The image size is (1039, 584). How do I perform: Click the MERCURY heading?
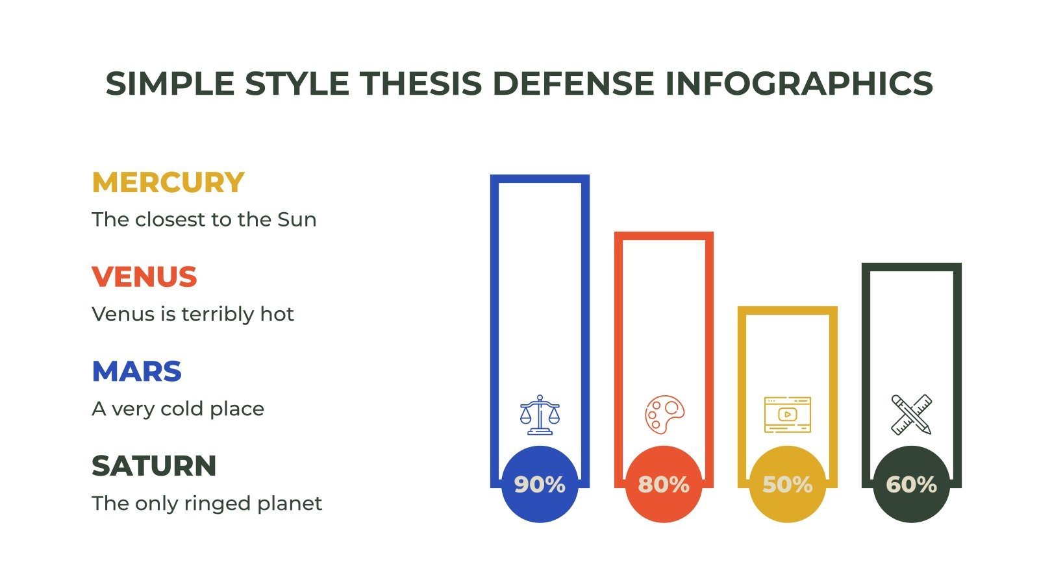pyautogui.click(x=168, y=183)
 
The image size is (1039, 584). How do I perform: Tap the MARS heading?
pyautogui.click(x=136, y=372)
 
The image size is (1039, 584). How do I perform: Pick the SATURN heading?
pyautogui.click(x=154, y=467)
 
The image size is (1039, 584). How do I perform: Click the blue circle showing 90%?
pyautogui.click(x=540, y=485)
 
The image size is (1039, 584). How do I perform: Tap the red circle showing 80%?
pyautogui.click(x=663, y=485)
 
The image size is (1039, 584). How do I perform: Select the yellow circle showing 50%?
pyautogui.click(x=787, y=485)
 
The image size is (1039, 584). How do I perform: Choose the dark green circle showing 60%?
pyautogui.click(x=911, y=485)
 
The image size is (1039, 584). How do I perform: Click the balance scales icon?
pyautogui.click(x=540, y=415)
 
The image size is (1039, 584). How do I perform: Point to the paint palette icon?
pyautogui.click(x=664, y=415)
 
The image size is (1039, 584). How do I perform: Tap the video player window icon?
pyautogui.click(x=787, y=415)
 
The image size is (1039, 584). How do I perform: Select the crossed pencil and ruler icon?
pyautogui.click(x=911, y=415)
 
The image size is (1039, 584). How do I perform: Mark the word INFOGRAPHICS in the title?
pyautogui.click(x=799, y=84)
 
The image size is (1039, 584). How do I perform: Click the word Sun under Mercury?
pyautogui.click(x=297, y=220)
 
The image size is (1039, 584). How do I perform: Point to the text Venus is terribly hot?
pyautogui.click(x=193, y=315)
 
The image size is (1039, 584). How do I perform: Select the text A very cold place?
pyautogui.click(x=178, y=409)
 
